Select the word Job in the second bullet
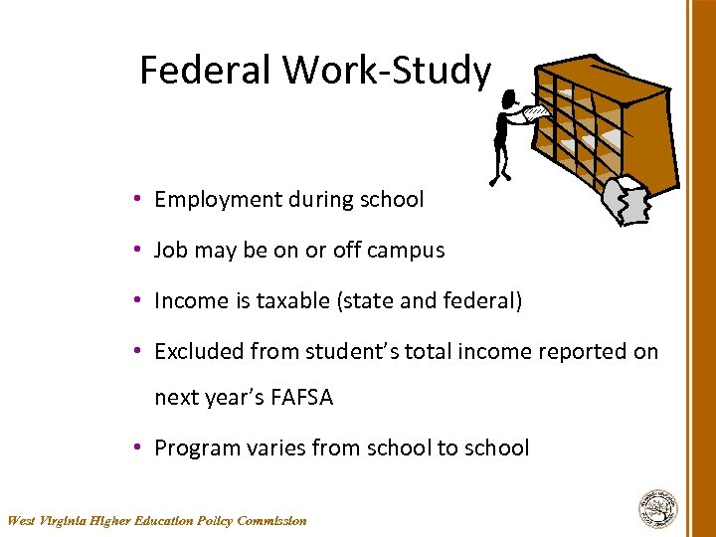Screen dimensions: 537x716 pos(170,251)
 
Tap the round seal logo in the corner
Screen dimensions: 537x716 pos(657,508)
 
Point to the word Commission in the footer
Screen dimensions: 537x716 pos(272,520)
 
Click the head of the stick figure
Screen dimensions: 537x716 pos(509,99)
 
